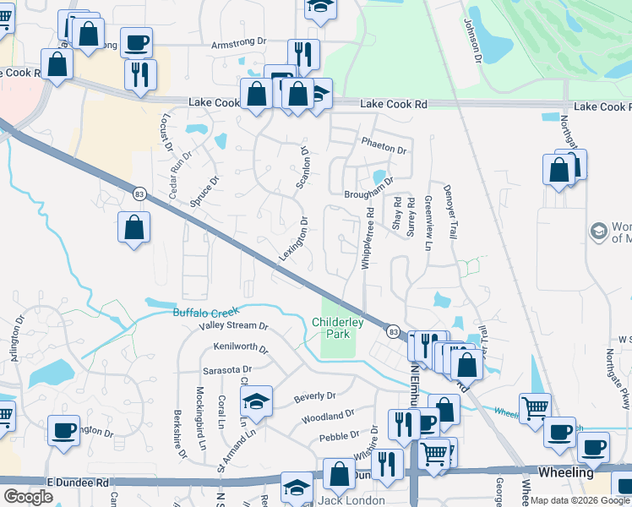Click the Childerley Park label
tap(337, 328)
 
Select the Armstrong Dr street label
tap(238, 42)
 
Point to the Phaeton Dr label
tap(384, 145)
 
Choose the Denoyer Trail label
tap(450, 210)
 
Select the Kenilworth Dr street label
tap(241, 347)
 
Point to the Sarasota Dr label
tap(226, 369)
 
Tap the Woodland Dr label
tap(327, 416)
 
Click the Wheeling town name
tap(565, 472)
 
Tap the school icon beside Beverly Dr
tap(256, 400)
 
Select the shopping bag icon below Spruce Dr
tap(133, 226)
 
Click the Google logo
tap(28, 497)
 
